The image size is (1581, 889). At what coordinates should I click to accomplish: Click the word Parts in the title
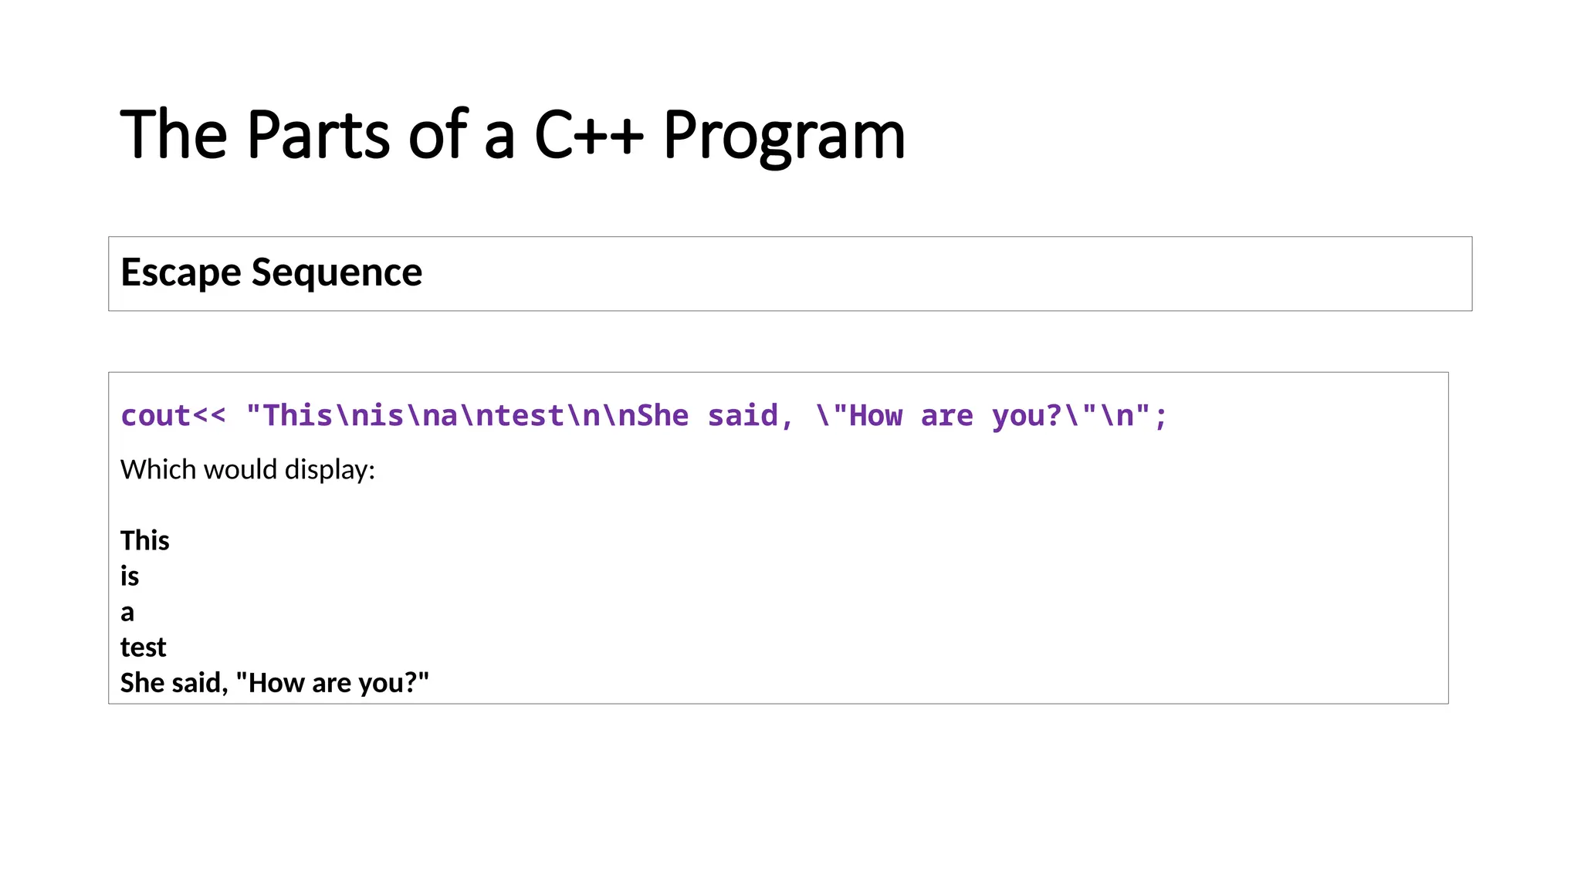pos(318,135)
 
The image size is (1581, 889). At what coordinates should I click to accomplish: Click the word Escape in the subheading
pos(181,273)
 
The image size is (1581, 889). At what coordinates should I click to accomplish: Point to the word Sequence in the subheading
pos(337,273)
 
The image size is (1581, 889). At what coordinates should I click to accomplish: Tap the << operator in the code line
pos(209,416)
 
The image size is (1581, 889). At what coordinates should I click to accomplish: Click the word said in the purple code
pos(743,416)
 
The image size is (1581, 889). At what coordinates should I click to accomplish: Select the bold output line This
pos(144,540)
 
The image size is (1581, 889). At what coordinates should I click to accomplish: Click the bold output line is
pos(130,576)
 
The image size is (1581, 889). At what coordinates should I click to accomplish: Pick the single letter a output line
pos(127,613)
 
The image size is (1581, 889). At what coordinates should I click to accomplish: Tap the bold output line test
pos(143,647)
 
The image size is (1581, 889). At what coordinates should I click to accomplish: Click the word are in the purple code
pos(946,416)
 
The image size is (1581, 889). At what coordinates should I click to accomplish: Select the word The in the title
pos(174,135)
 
